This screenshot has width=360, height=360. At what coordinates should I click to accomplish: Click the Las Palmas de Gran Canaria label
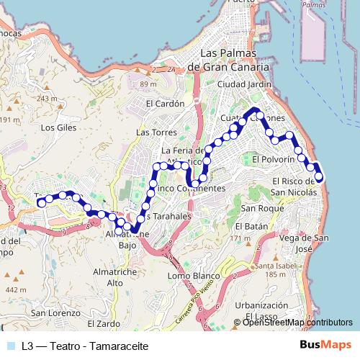pos(228,60)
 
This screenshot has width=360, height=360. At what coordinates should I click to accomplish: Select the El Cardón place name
pos(165,103)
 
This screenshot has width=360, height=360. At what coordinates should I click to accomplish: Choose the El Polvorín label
pos(274,159)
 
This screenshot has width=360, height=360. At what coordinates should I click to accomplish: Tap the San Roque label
pos(258,208)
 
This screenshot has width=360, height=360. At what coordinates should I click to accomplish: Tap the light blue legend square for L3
pos(9,346)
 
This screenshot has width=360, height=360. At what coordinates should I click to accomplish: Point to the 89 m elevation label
pos(148,85)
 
